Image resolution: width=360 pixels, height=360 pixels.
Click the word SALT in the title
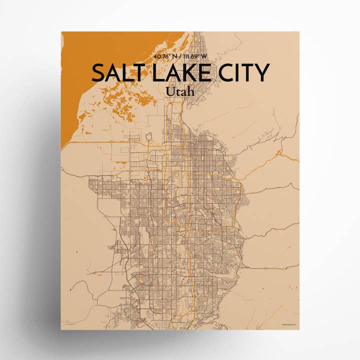(115, 73)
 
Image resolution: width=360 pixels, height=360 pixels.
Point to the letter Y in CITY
(261, 73)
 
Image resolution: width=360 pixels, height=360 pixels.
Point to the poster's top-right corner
(298, 32)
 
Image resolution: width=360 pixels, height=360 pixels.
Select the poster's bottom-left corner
(61, 329)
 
